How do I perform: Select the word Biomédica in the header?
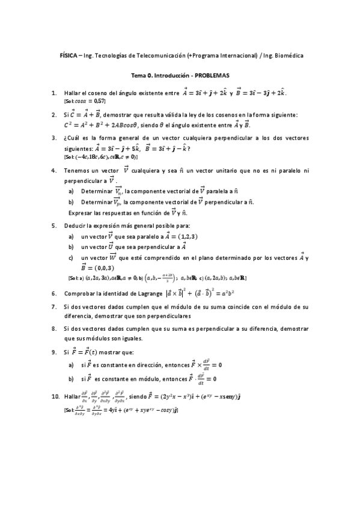[x=287, y=55]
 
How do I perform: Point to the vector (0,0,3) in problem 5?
[x=105, y=268]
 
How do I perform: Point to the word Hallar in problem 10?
[x=72, y=398]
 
